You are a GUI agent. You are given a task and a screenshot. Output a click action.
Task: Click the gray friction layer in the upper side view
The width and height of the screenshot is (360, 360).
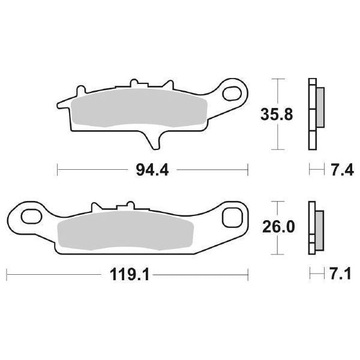(319, 108)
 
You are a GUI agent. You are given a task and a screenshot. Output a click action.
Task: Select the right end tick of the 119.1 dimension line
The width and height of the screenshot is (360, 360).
(248, 275)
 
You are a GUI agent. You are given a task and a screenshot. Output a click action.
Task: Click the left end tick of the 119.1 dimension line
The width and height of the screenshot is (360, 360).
(7, 275)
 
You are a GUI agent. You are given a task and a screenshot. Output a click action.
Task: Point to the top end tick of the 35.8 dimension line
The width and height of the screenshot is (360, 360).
(276, 79)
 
